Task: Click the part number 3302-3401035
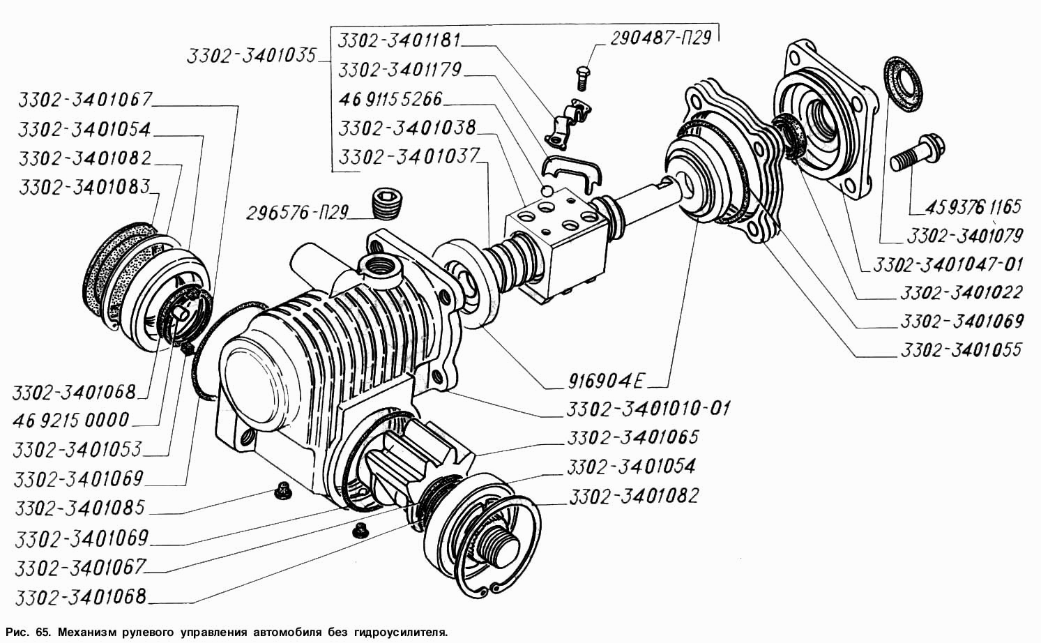click(251, 56)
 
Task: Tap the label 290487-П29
click(660, 38)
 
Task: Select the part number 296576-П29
click(297, 213)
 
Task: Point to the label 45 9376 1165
click(973, 206)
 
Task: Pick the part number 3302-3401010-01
click(648, 408)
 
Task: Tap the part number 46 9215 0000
click(71, 420)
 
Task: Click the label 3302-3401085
click(79, 508)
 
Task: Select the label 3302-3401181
click(399, 40)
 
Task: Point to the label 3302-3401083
click(85, 187)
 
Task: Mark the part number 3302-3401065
click(632, 437)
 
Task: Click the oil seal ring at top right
click(904, 85)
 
